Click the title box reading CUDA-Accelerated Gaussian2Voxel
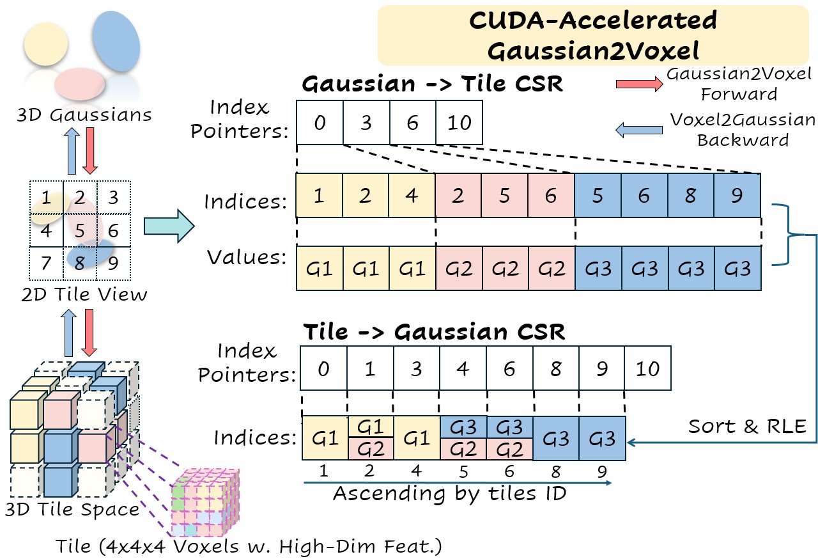coord(592,35)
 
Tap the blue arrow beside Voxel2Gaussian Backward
coord(640,130)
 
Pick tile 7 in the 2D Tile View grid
coord(45,263)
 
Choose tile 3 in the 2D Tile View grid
coord(114,196)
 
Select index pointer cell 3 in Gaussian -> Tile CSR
coord(366,122)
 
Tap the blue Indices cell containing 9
coord(737,196)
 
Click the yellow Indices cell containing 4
coord(412,196)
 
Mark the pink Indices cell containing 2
coord(458,196)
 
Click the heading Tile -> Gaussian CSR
coord(434,332)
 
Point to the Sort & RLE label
coord(747,426)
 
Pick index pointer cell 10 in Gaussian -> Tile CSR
coord(459,122)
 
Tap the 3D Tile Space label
coord(72,509)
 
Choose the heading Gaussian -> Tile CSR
coord(433,84)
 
